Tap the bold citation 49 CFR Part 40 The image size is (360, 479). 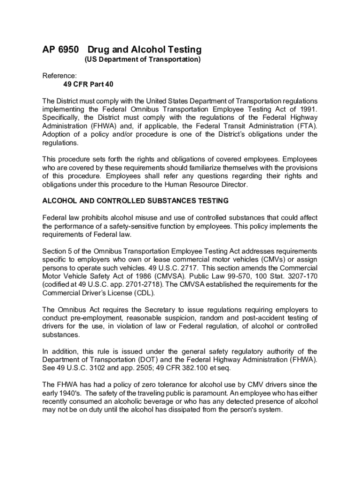point(88,85)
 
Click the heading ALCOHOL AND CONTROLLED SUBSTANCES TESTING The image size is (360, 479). point(136,201)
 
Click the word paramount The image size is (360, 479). point(209,393)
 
